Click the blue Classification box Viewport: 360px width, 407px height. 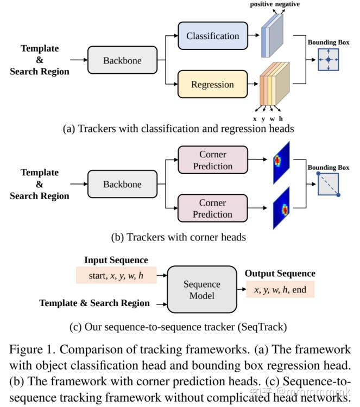(x=212, y=36)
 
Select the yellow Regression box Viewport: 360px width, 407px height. (x=212, y=85)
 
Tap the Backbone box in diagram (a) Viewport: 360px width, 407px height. (x=122, y=60)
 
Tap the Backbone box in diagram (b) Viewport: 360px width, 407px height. (x=122, y=185)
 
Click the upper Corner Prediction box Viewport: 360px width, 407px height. (x=212, y=160)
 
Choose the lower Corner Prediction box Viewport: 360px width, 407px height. (x=212, y=208)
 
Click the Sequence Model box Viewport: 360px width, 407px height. (x=201, y=290)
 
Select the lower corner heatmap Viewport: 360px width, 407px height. (x=281, y=207)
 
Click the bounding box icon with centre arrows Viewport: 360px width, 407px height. (x=328, y=60)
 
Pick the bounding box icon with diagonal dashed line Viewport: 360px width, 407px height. (x=328, y=185)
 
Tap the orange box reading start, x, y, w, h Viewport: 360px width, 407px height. (x=116, y=275)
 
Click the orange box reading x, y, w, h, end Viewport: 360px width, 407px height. (x=280, y=289)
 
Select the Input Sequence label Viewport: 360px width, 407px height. (x=116, y=260)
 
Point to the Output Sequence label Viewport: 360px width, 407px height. (x=280, y=274)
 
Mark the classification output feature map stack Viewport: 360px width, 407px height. (x=272, y=36)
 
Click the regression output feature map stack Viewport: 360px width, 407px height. (x=274, y=84)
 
